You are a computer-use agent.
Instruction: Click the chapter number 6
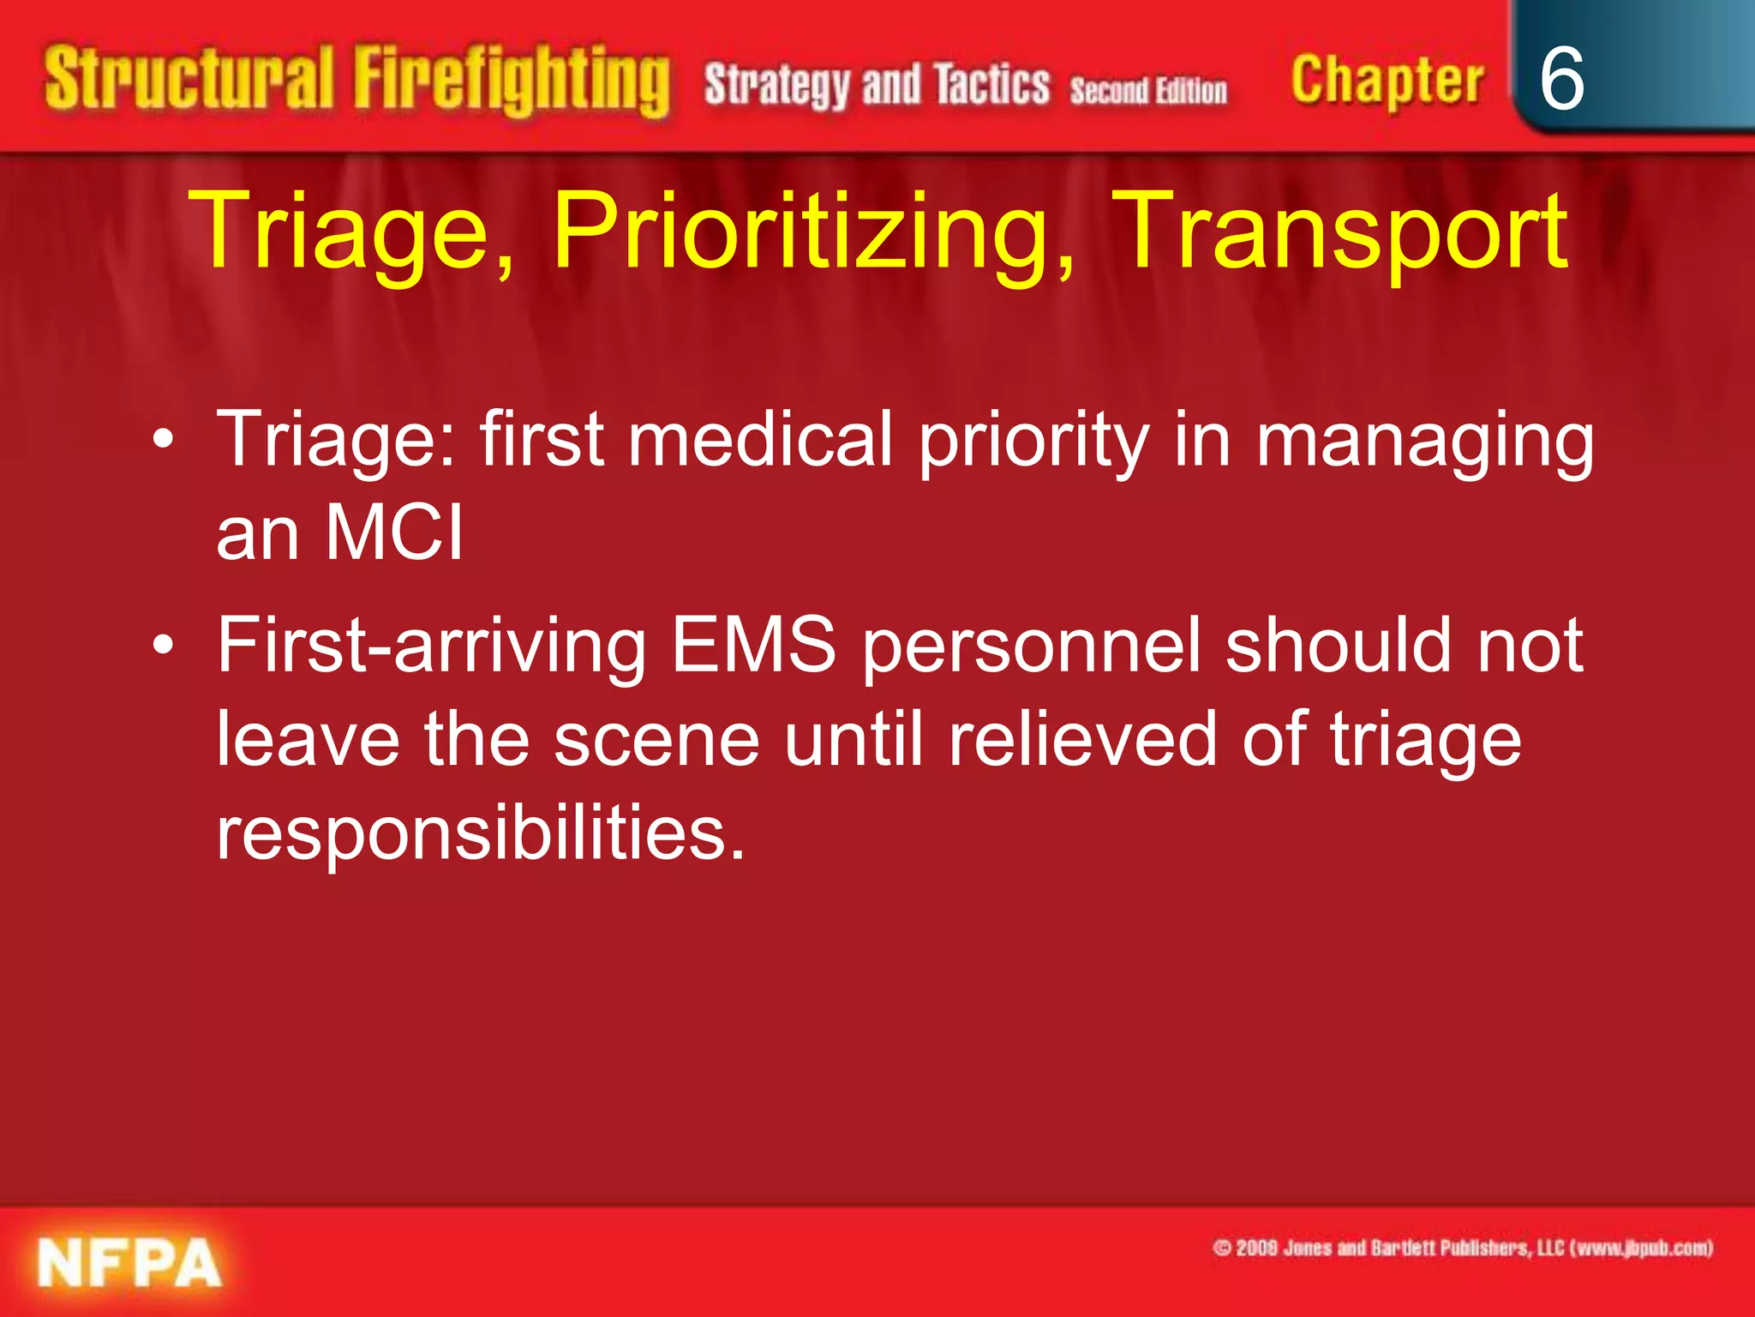(1561, 80)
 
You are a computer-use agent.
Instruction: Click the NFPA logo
(129, 1263)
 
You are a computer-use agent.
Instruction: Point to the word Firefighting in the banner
(512, 81)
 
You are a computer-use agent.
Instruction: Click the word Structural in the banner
(189, 79)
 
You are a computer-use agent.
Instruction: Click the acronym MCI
(394, 532)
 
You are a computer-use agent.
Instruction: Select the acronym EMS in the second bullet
(753, 645)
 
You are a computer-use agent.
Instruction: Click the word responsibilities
(480, 833)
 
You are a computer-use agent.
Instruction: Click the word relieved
(1082, 739)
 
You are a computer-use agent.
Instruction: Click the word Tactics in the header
(991, 85)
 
